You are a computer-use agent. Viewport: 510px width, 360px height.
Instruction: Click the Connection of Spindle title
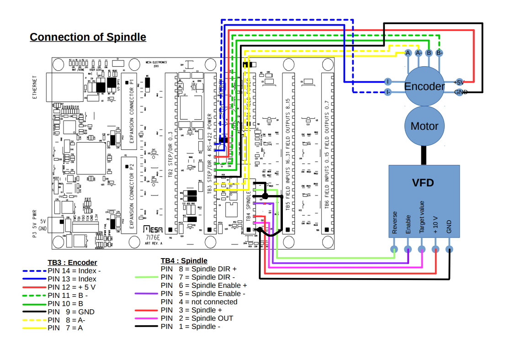coord(88,37)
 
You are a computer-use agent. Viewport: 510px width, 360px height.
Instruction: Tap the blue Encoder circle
coord(425,86)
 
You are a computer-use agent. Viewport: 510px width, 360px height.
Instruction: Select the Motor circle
coord(425,126)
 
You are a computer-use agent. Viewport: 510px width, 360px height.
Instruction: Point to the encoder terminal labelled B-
coord(439,53)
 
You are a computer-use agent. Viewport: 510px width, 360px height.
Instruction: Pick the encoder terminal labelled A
coord(408,53)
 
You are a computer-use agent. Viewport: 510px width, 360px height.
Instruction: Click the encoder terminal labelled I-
coord(388,92)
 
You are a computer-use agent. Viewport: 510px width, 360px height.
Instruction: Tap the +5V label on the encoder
coord(458,82)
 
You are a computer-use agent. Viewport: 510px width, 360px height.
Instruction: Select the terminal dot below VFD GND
coord(449,249)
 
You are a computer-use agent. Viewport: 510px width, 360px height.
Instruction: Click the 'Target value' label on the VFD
coord(422,217)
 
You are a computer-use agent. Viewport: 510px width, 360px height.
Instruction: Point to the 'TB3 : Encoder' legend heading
coord(72,262)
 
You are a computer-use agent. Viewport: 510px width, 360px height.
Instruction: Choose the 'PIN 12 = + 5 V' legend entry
coord(72,287)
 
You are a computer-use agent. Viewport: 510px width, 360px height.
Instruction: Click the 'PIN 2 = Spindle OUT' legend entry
coord(197,318)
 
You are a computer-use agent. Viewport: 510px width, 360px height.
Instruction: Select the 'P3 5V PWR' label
coord(35,223)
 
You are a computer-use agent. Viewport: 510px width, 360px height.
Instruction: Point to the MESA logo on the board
coord(152,229)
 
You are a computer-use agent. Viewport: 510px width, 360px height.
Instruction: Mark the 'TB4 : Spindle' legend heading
coord(184,261)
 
